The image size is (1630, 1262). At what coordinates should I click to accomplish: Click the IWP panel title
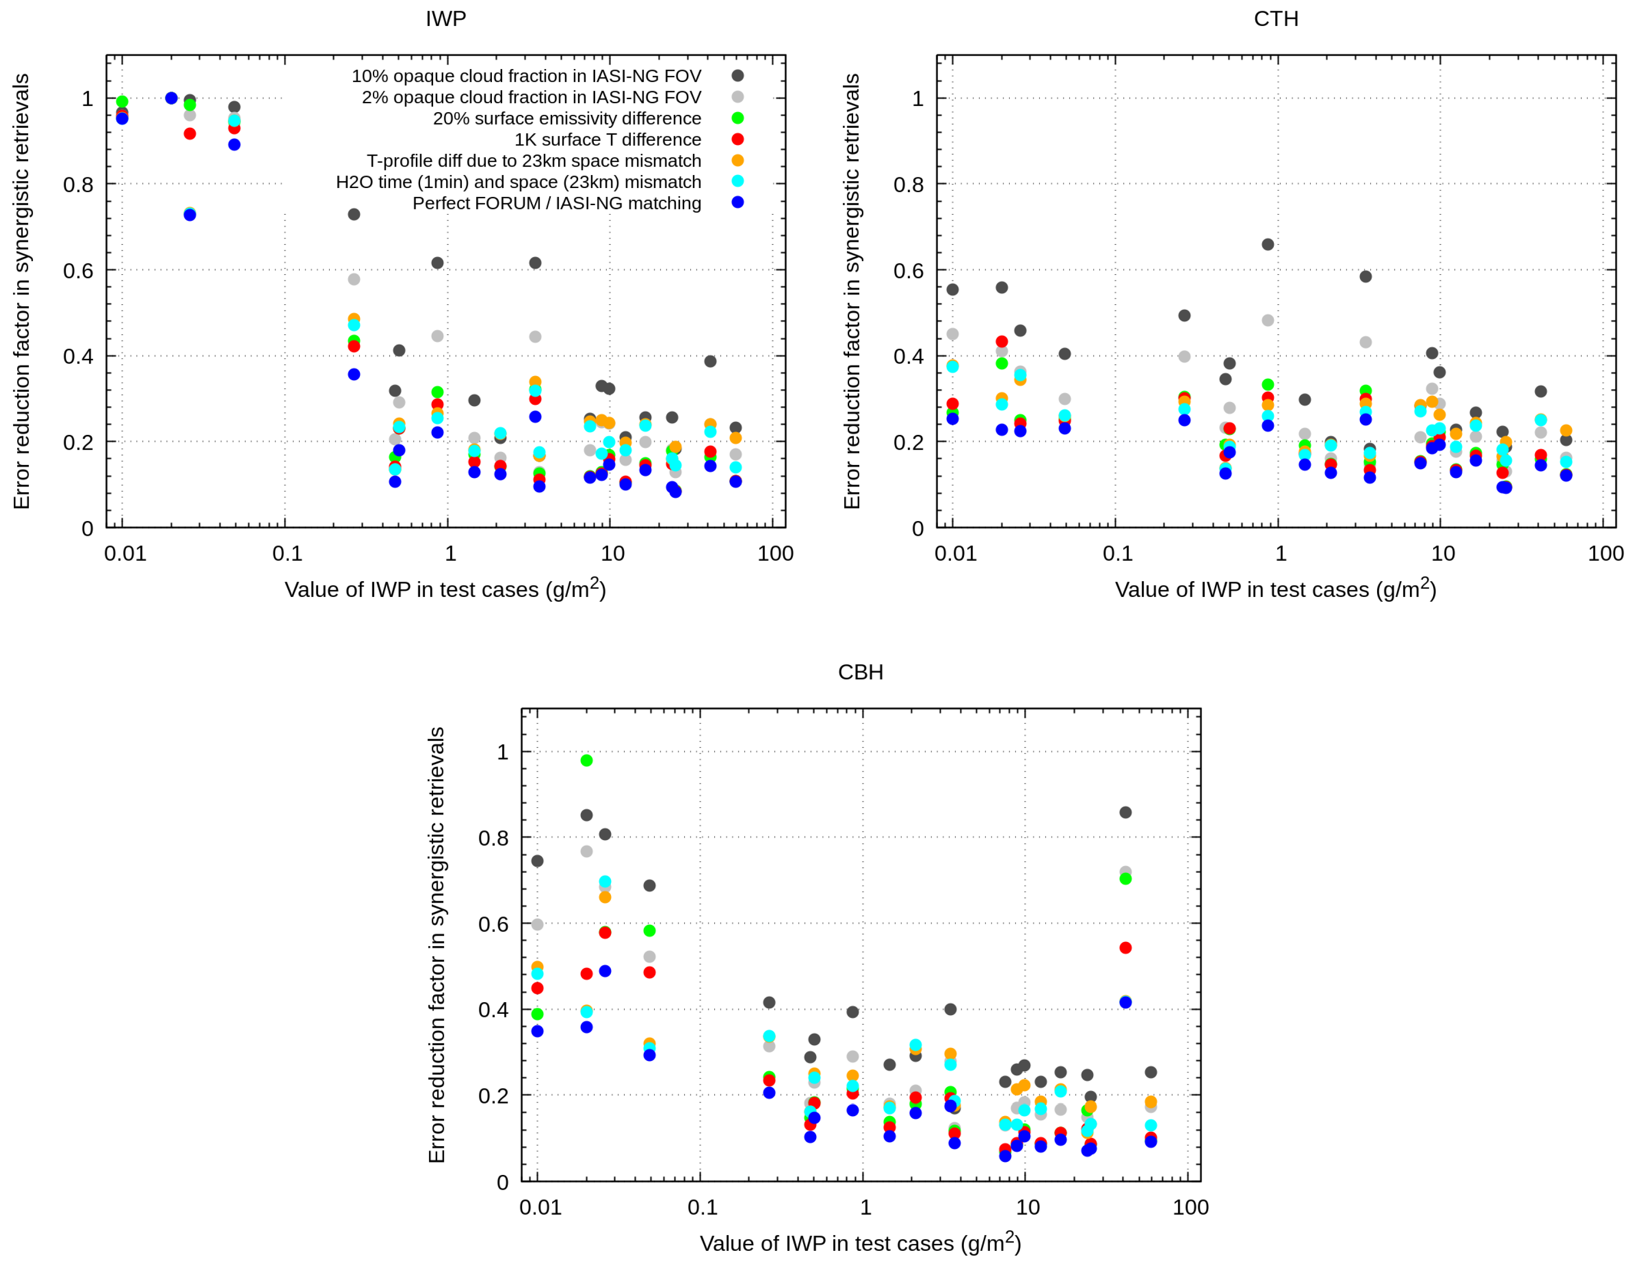click(x=446, y=19)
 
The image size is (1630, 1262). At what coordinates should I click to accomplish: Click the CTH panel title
click(x=1276, y=19)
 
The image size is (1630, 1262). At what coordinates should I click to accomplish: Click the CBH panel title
click(x=861, y=672)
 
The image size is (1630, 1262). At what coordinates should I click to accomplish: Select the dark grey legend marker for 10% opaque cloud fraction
click(x=737, y=75)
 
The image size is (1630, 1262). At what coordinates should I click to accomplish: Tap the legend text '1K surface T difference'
click(x=608, y=139)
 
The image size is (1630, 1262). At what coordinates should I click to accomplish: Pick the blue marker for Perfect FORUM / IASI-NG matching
click(x=737, y=202)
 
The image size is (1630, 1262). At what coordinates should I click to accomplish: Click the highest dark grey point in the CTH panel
click(x=1267, y=244)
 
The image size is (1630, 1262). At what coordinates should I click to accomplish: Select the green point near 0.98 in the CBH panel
click(x=586, y=760)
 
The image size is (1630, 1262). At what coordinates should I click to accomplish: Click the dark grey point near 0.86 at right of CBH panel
click(x=1126, y=812)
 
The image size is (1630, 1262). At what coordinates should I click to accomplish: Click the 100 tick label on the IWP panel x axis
click(x=774, y=554)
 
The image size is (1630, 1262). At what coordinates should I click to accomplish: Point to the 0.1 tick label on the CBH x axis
click(x=702, y=1207)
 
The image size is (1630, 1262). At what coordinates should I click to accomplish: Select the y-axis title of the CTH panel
click(x=851, y=291)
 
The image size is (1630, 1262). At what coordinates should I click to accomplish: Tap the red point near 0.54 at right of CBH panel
click(x=1126, y=948)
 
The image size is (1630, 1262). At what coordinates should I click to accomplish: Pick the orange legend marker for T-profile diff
click(x=737, y=160)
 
